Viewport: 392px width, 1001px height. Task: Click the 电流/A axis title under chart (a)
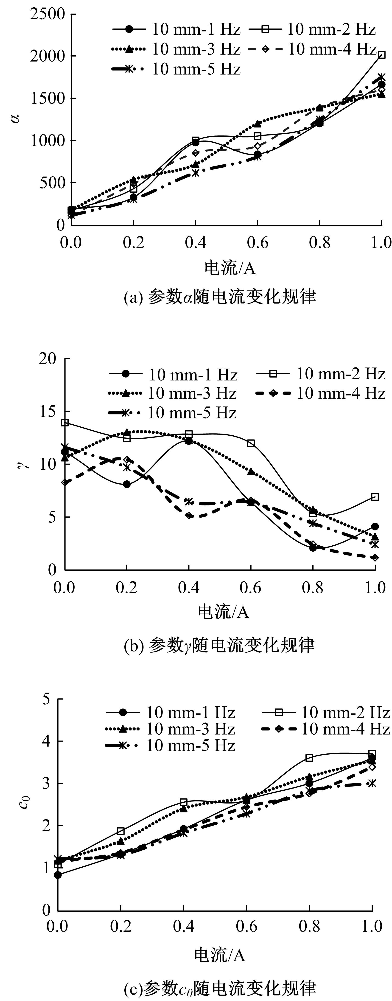[x=230, y=268]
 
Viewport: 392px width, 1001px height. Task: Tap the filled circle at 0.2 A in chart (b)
[x=127, y=484]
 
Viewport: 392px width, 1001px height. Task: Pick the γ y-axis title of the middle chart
[x=24, y=464]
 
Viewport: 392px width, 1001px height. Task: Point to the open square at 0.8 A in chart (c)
[x=309, y=758]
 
